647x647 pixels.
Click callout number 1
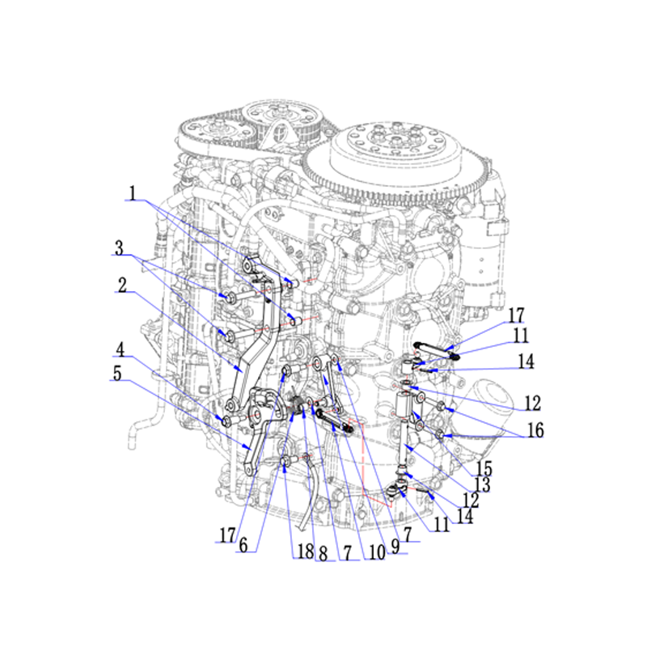point(133,193)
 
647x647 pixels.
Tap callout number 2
point(122,285)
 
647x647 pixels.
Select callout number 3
point(119,248)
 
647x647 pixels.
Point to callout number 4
point(120,349)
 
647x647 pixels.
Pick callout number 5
point(117,374)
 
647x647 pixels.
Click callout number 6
point(243,545)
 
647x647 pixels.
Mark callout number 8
point(323,554)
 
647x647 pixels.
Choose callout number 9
point(395,547)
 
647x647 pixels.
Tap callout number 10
point(377,552)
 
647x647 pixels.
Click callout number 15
point(484,469)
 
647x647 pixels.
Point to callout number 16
point(535,430)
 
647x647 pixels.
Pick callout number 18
point(306,552)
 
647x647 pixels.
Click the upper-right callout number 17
point(516,315)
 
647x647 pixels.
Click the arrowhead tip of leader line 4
point(223,420)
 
